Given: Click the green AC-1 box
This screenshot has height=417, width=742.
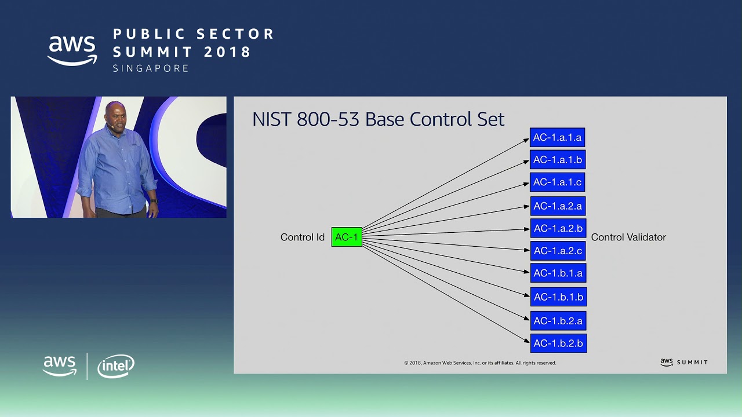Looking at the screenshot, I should (347, 237).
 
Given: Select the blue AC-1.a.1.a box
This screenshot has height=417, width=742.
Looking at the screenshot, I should (557, 138).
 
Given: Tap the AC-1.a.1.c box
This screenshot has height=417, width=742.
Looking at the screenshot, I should (557, 182).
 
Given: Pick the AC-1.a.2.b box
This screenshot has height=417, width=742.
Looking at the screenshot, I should (558, 228).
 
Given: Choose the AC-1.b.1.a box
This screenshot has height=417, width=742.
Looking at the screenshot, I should (558, 273).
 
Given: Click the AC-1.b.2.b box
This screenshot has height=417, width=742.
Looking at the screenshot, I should (558, 343).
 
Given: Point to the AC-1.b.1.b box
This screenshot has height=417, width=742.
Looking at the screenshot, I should (558, 297).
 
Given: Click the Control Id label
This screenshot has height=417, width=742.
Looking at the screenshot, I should (302, 237).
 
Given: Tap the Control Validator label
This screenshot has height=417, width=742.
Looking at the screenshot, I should (628, 237).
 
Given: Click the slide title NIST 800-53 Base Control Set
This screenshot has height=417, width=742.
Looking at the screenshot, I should (378, 119).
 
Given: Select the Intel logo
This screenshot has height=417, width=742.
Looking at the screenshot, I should (116, 366).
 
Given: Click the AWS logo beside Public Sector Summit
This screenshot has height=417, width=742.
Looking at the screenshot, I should (72, 50).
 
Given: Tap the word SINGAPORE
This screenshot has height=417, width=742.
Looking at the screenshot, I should (151, 68).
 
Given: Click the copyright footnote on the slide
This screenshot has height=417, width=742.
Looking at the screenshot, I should (480, 363).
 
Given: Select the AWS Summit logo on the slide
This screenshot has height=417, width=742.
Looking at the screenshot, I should (683, 363).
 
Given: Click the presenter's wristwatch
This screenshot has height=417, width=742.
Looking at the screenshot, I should (154, 202).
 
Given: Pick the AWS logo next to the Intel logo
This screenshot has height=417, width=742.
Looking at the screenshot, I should (60, 366).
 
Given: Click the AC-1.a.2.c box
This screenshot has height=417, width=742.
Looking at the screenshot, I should (558, 251).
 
